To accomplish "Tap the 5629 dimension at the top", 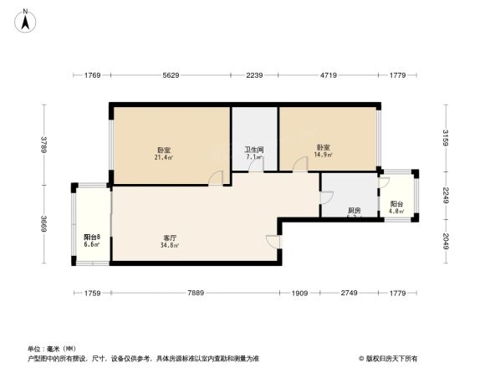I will (x=171, y=76).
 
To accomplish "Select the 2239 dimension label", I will (x=255, y=76).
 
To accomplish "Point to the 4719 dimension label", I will (x=329, y=76).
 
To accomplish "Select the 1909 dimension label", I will (x=300, y=293).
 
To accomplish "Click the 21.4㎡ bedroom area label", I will (x=162, y=157).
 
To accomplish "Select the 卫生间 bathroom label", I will (x=254, y=150).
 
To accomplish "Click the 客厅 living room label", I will (x=170, y=238).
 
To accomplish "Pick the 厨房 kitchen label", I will (x=355, y=210).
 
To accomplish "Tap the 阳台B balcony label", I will (x=92, y=238).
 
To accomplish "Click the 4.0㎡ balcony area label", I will (x=396, y=212).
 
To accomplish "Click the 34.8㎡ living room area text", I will (x=170, y=246).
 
